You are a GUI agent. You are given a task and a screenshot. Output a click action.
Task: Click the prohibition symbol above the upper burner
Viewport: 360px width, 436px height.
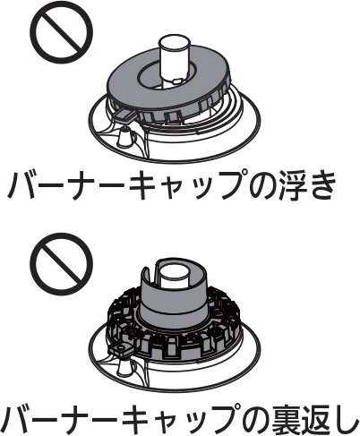(62, 32)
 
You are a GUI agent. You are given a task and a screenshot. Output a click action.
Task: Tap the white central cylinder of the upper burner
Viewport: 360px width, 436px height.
(175, 60)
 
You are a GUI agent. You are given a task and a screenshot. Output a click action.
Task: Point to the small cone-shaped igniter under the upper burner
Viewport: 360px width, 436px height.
(124, 136)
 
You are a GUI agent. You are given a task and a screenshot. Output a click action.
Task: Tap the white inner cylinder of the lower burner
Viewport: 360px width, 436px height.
(174, 276)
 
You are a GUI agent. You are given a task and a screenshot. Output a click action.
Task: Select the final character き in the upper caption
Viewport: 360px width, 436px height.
(320, 184)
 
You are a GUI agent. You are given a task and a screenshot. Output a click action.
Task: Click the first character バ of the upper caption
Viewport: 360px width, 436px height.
(21, 184)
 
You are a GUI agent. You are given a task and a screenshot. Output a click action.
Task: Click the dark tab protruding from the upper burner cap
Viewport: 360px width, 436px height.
(124, 115)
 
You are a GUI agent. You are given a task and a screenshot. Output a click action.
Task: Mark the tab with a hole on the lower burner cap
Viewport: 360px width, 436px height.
(121, 350)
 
